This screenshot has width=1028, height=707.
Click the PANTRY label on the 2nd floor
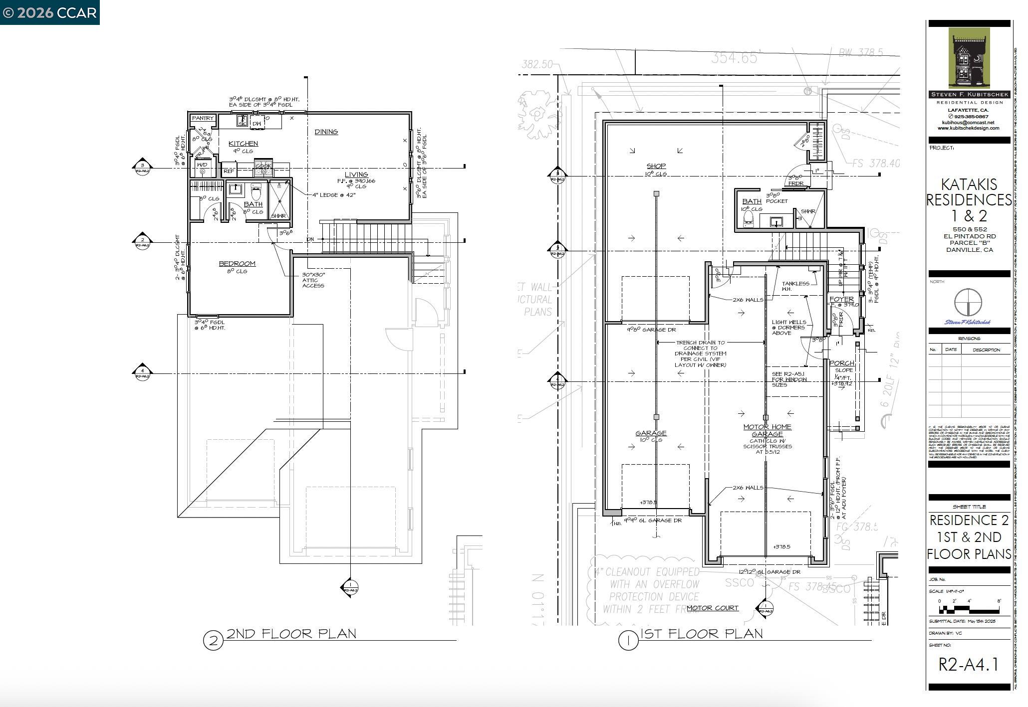[x=203, y=119]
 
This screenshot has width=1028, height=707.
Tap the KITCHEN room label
[x=243, y=144]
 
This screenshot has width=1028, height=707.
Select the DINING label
[x=326, y=132]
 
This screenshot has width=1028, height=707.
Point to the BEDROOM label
[x=237, y=264]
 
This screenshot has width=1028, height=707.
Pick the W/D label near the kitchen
[x=202, y=165]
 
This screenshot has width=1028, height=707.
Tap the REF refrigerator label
[x=229, y=171]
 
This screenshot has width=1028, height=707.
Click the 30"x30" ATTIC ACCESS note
[x=313, y=280]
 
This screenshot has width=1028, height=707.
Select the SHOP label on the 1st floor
[x=656, y=166]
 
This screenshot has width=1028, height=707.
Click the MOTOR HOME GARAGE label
[x=767, y=430]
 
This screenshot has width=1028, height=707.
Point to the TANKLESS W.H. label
[x=795, y=286]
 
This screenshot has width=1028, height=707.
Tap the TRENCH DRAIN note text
[x=701, y=353]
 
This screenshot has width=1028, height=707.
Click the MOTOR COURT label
[x=712, y=608]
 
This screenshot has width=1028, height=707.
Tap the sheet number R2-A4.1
[x=968, y=665]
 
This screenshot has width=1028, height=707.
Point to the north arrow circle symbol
[x=968, y=302]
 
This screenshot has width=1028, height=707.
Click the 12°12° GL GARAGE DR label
[x=770, y=572]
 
